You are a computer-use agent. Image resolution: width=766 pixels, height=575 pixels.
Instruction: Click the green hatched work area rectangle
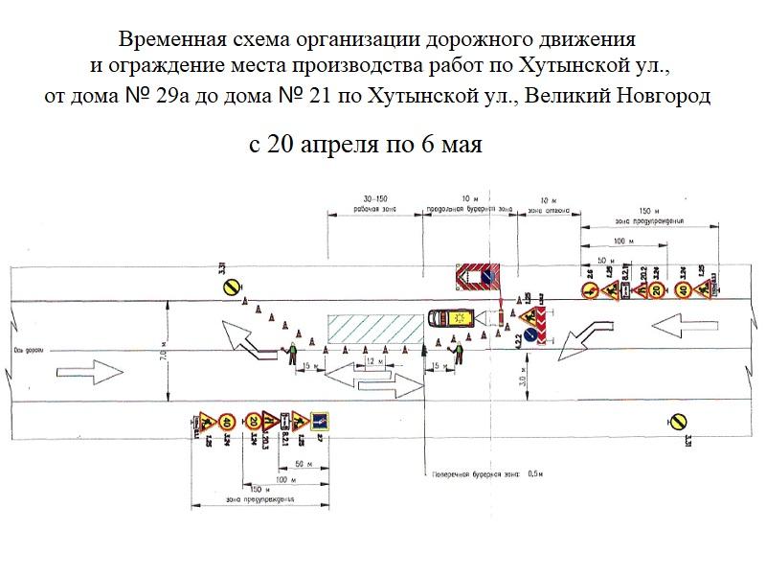coord(374,329)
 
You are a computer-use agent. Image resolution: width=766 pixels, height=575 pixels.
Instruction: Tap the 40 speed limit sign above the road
coord(682,290)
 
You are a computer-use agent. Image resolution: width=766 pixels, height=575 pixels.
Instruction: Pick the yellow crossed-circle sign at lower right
coord(676,419)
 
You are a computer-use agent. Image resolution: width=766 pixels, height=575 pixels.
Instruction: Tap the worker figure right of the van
coord(460,356)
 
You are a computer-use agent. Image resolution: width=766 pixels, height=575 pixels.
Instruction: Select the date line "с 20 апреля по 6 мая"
coord(365,146)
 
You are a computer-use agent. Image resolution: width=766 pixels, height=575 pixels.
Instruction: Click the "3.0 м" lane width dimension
coord(517,377)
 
